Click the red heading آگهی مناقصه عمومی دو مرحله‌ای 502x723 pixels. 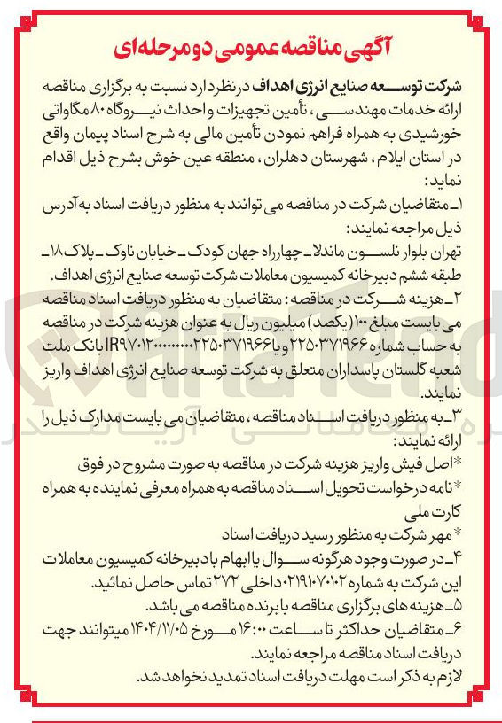(x=251, y=44)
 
